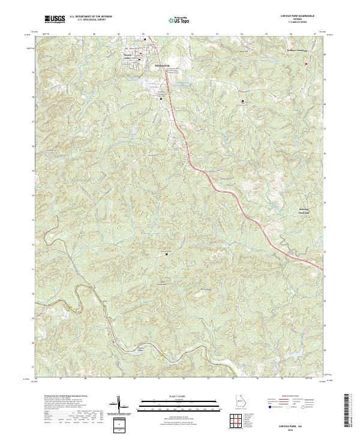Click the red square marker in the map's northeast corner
point(305,63)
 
